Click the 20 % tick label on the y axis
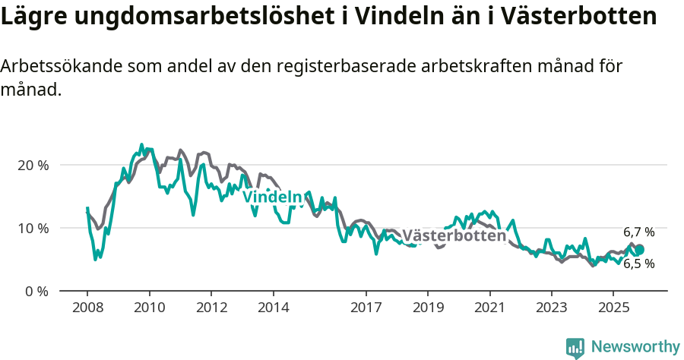coord(33,165)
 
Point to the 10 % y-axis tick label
coord(33,228)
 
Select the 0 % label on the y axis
coord(36,291)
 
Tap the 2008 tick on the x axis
coord(87,308)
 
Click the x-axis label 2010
coord(149,308)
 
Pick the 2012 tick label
coord(211,308)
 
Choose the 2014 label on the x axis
coord(273,308)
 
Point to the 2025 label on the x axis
coord(613,308)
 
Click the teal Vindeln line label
coord(272,197)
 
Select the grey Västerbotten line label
coord(454,235)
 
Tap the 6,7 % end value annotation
coord(638,232)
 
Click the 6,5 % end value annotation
coord(638,264)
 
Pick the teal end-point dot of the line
coord(639,250)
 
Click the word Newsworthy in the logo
coord(635,347)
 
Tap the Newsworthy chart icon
coord(575,347)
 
